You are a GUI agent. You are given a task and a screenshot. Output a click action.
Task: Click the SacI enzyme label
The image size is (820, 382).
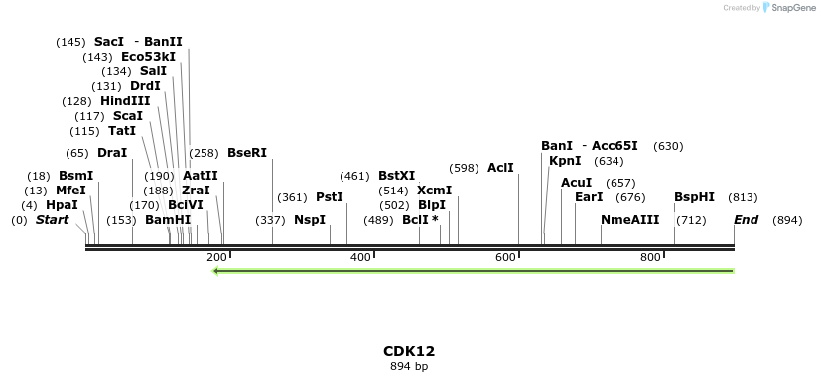click(109, 42)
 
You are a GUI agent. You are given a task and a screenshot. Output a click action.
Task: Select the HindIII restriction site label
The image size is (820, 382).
click(125, 101)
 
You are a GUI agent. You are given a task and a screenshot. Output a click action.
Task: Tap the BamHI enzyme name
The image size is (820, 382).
click(167, 220)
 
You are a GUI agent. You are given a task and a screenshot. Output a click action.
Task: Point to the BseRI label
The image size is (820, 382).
click(247, 153)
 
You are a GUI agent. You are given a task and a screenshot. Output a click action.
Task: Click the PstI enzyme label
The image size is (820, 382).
click(329, 197)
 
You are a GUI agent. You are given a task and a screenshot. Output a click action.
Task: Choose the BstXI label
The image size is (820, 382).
click(396, 176)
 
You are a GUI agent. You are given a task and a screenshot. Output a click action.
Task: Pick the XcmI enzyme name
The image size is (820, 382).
click(434, 191)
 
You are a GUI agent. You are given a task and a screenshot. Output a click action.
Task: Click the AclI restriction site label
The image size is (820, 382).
click(500, 168)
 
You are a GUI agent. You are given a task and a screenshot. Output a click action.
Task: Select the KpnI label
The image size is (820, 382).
click(565, 161)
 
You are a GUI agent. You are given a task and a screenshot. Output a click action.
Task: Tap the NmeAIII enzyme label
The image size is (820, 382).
click(629, 220)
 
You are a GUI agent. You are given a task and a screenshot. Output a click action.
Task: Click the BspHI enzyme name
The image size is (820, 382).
click(694, 197)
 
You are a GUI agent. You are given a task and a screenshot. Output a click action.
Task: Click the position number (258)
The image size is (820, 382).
click(204, 153)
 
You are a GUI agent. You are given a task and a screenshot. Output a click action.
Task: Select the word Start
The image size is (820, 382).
click(52, 220)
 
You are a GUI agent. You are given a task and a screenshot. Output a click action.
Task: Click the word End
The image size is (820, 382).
click(746, 220)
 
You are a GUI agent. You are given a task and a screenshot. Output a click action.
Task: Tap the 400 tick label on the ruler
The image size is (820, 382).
click(361, 258)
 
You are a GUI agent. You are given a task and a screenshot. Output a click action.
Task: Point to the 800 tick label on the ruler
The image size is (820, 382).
click(651, 258)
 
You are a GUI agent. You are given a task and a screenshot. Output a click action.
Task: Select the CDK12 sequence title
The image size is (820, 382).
click(409, 351)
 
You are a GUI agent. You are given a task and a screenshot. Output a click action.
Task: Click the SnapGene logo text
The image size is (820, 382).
click(789, 8)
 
